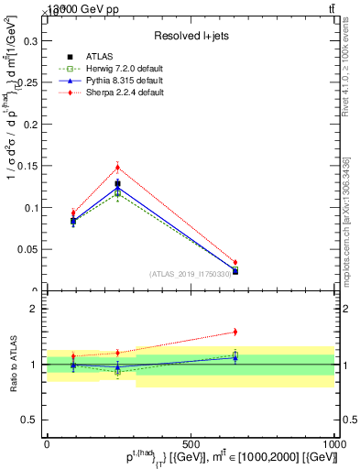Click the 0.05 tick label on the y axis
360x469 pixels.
click(x=28, y=249)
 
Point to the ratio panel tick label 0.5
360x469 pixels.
click(x=30, y=420)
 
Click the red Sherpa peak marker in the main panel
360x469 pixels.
click(x=117, y=167)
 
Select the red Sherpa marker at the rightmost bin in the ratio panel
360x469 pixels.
click(x=235, y=332)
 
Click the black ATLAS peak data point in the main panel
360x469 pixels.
click(x=117, y=183)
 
